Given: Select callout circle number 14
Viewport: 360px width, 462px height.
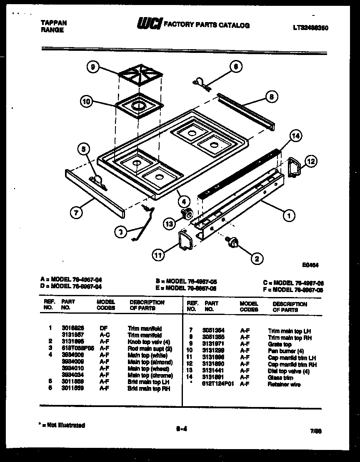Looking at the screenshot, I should click(295, 135).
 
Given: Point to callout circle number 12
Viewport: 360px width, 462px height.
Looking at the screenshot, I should click(311, 161).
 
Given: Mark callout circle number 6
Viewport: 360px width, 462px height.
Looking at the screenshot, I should click(236, 66).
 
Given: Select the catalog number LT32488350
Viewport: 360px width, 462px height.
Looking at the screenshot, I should click(310, 28).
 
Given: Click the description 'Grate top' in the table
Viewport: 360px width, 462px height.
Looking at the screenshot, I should click(280, 345).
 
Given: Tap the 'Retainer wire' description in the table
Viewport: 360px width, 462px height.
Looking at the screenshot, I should click(284, 385).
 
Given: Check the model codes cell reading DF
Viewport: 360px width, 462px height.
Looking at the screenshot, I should click(104, 328).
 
